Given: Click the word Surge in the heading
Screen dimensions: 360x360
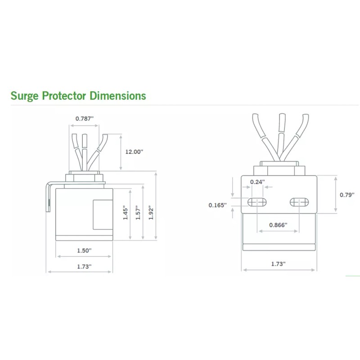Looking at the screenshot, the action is point(25,96).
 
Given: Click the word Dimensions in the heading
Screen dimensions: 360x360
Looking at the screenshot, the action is point(118,95).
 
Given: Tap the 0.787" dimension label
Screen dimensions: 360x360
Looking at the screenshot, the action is point(85,119).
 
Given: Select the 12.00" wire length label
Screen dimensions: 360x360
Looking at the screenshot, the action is point(134,152).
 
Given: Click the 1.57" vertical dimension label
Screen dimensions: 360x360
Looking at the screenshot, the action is point(138,212).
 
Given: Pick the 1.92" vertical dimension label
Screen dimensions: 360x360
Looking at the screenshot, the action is point(151,212).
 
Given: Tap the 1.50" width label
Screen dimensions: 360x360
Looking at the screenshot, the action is point(84,251).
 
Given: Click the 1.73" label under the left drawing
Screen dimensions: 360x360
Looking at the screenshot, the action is point(84,266).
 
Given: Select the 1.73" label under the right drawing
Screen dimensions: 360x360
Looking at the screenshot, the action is point(279,264).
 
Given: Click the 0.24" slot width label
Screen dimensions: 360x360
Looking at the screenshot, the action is point(257,182).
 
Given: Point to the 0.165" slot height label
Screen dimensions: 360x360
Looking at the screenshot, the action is point(218,205).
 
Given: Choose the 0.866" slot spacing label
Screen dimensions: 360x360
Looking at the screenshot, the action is point(278,225).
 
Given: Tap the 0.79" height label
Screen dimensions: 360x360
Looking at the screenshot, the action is point(347,195).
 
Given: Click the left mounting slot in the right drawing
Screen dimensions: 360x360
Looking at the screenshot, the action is point(257,202).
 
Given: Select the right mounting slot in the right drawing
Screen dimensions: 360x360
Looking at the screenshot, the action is point(299,202).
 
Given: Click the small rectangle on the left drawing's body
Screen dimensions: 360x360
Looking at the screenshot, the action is point(103,215).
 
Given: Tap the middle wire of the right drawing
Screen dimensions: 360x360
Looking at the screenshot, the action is point(281,137).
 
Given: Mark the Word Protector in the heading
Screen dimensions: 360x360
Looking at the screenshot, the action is point(64,96).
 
